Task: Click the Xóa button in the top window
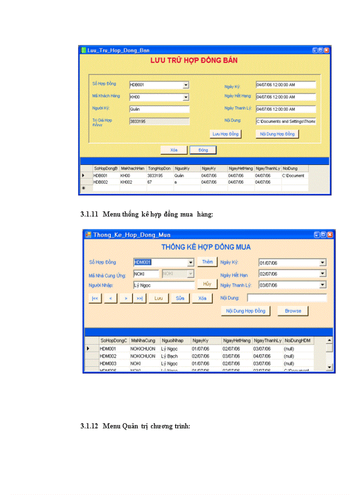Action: pyautogui.click(x=174, y=150)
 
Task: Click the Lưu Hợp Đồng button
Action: pyautogui.click(x=225, y=134)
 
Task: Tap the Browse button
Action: pyautogui.click(x=292, y=311)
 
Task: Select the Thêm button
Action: pyautogui.click(x=207, y=262)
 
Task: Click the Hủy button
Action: pyautogui.click(x=207, y=284)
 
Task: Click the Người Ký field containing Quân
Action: pyautogui.click(x=159, y=109)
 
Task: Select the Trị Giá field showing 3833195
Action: pyautogui.click(x=159, y=121)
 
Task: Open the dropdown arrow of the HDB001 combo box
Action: pyautogui.click(x=186, y=85)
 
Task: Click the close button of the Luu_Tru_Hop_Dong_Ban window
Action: pyautogui.click(x=326, y=50)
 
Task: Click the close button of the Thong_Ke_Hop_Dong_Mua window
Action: pyautogui.click(x=330, y=235)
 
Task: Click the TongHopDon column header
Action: pyautogui.click(x=159, y=168)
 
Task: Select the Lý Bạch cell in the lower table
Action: pyautogui.click(x=169, y=356)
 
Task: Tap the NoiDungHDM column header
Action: pyautogui.click(x=298, y=341)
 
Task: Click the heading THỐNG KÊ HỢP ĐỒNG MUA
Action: pyautogui.click(x=206, y=247)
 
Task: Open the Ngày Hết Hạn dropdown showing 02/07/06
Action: pyautogui.click(x=322, y=274)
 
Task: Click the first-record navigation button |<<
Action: pyautogui.click(x=94, y=298)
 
